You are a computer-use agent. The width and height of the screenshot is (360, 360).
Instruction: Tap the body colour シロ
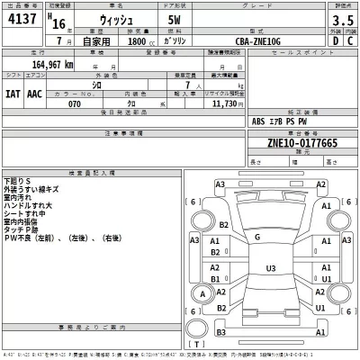(x=135, y=82)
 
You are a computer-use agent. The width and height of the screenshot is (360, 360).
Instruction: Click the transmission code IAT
(x=13, y=93)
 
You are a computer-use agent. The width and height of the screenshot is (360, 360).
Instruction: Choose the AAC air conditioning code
(x=34, y=93)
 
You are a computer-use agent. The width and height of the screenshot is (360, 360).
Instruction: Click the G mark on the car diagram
(x=256, y=237)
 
